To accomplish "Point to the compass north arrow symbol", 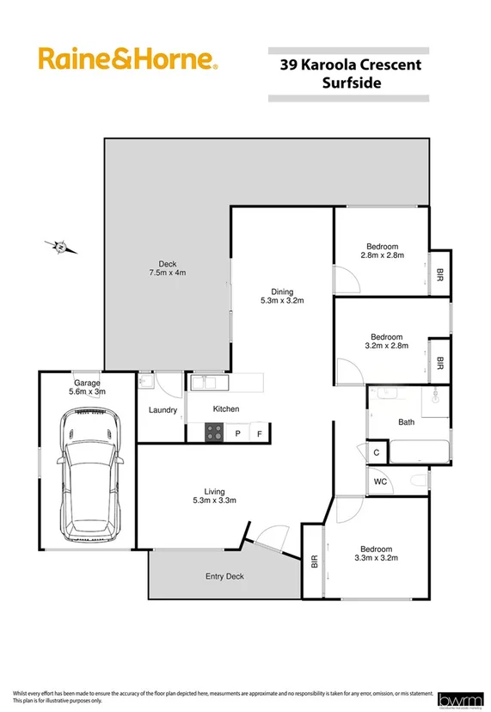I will (x=61, y=248).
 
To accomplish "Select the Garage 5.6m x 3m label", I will (x=87, y=387).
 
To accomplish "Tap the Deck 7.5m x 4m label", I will (x=167, y=268).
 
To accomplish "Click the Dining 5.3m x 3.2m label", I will (x=283, y=296).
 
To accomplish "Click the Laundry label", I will (x=163, y=410).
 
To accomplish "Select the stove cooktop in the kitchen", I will (x=213, y=433).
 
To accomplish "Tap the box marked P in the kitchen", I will (x=237, y=433).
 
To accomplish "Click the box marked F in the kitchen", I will (x=260, y=433).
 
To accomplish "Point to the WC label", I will (x=380, y=482).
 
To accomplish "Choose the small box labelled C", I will (x=377, y=452).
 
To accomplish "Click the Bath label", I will (x=406, y=422).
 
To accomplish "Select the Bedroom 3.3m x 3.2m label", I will (x=376, y=554).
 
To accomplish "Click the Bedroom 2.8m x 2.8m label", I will (x=379, y=251).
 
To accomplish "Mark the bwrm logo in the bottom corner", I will (x=460, y=699).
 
